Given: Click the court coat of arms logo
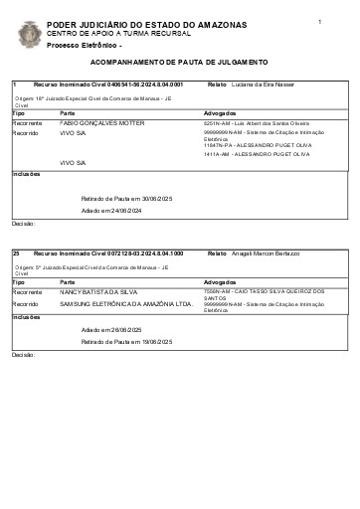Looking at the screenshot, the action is coord(30,34).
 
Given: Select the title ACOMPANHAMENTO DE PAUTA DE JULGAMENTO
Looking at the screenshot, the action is coord(179,62).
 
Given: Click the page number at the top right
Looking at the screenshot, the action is coord(320,21).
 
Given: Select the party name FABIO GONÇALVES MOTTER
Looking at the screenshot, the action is coord(101,122).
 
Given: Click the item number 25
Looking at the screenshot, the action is coord(16,254).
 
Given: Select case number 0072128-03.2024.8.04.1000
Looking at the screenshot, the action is coord(137,254).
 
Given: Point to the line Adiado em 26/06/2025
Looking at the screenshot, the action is coord(112,329).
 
